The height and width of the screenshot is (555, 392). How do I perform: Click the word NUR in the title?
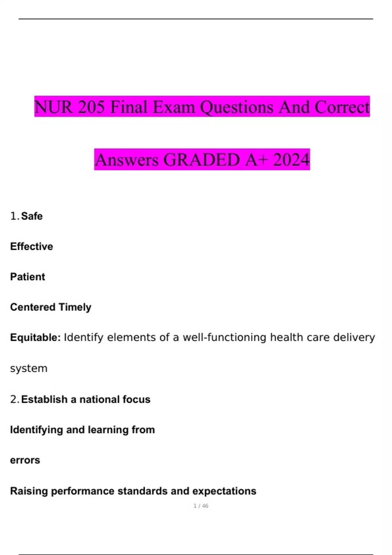tap(54, 107)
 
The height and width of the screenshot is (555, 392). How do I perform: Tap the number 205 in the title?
tap(91, 107)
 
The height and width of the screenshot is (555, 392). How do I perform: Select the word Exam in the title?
tap(174, 107)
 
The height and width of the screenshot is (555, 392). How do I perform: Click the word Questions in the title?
tap(237, 107)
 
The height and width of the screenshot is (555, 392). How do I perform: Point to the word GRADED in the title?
tap(202, 160)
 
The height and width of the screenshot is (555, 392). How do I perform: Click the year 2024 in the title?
tap(291, 160)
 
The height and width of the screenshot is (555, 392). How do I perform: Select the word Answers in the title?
tap(127, 160)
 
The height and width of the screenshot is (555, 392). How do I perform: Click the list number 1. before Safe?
tap(15, 216)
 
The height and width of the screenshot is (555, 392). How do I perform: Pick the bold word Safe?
tap(32, 216)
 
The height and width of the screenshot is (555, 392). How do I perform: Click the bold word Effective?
tap(31, 246)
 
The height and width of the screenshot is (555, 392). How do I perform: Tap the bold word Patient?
tap(27, 277)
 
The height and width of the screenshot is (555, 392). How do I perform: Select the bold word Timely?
tap(75, 307)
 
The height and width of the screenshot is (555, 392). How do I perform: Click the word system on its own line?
tap(29, 368)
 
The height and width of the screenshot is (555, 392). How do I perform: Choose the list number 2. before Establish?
tap(15, 399)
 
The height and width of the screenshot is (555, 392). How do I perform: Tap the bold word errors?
tap(25, 460)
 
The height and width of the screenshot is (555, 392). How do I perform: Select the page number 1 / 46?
tap(201, 506)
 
